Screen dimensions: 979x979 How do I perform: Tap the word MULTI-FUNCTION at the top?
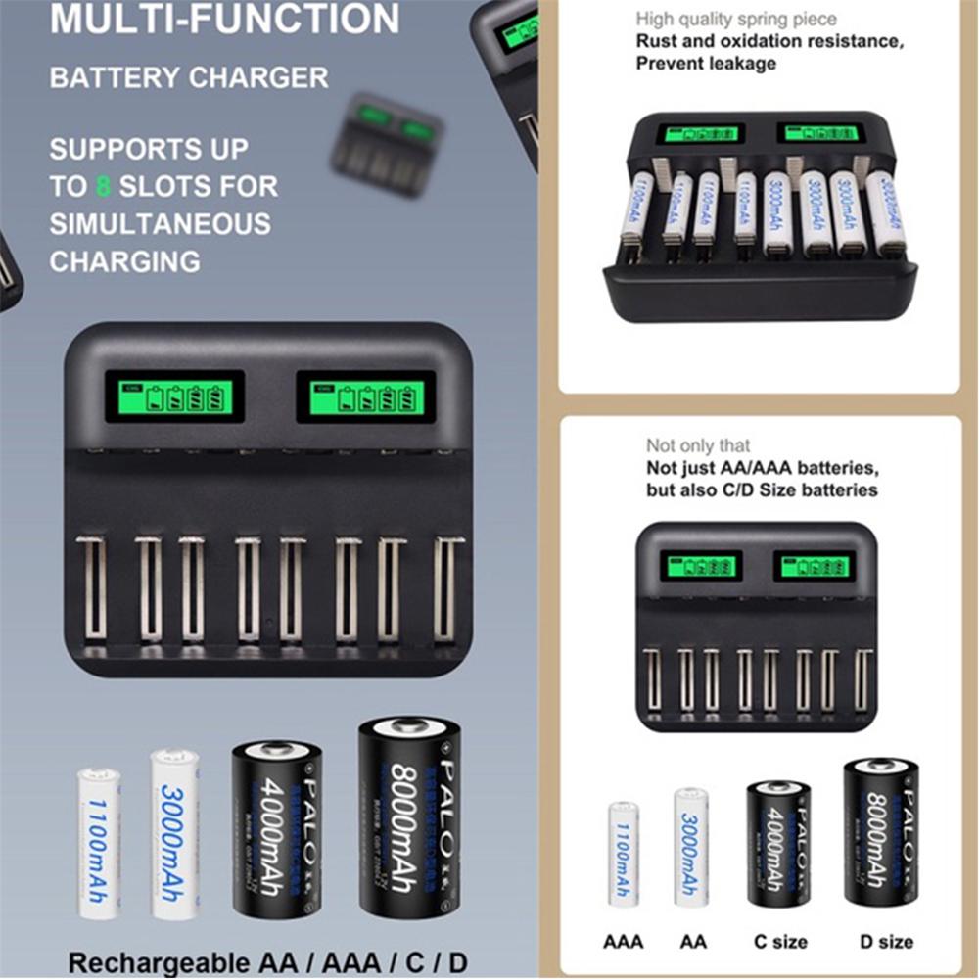click(225, 20)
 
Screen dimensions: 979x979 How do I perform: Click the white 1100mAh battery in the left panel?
click(99, 844)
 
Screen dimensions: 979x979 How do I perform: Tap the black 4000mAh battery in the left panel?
click(277, 827)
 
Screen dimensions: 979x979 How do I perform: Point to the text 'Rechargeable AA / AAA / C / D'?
click(266, 961)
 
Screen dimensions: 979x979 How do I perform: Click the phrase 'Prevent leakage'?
click(706, 64)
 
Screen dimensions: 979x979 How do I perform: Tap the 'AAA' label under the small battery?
click(623, 942)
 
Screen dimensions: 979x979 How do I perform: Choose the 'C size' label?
click(780, 942)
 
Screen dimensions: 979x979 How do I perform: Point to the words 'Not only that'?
click(698, 445)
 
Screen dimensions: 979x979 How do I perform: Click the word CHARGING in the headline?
click(125, 262)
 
